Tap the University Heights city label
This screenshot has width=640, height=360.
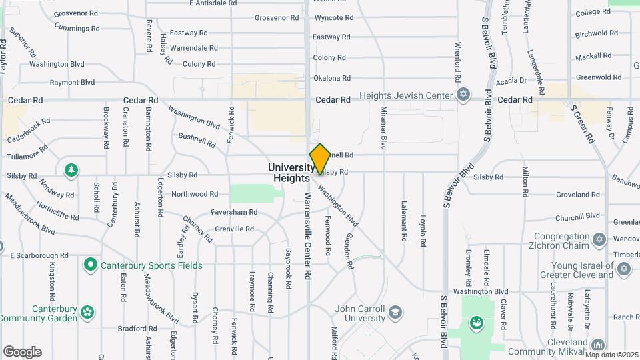point(291,173)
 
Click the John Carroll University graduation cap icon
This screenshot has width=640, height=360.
point(396,311)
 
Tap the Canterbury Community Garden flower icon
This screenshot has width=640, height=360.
point(87,311)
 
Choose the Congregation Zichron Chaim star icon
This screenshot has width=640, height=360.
point(599,239)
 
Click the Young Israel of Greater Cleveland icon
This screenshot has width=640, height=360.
point(624,268)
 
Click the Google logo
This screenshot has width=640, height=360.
point(22,351)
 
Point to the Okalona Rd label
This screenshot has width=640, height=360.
point(331,78)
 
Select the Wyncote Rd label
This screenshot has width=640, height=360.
point(333,17)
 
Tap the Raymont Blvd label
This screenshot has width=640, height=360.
point(73,83)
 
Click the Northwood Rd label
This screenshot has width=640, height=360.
point(194,194)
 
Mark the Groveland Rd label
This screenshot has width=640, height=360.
point(578,195)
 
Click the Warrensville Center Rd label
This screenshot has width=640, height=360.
point(308,236)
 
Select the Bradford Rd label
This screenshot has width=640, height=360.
point(137,329)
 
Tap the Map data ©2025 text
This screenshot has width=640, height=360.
point(612,354)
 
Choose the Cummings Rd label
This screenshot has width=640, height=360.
point(77,29)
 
